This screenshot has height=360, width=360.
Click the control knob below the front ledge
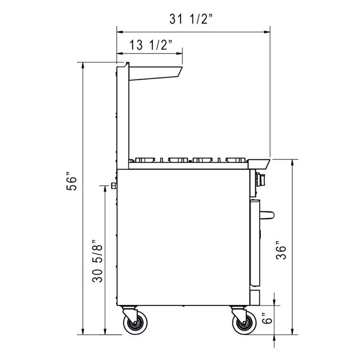(260, 179)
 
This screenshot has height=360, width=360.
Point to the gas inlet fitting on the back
(114, 186)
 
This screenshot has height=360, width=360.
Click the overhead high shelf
(154, 71)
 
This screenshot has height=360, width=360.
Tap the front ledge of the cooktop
(260, 164)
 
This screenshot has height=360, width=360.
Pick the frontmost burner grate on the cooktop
(234, 159)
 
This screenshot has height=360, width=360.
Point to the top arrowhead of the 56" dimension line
(83, 64)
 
